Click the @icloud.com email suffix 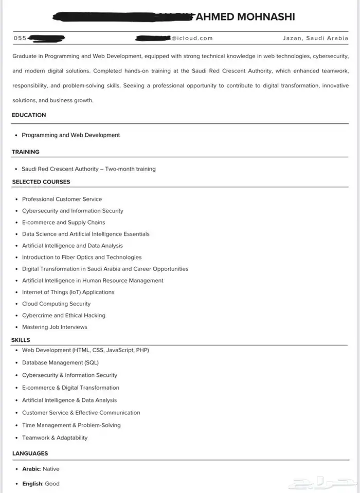click(192, 38)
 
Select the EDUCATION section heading click(29, 115)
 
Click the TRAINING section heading click(26, 152)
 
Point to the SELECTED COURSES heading click(41, 181)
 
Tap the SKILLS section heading click(21, 340)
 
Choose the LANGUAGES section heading click(30, 453)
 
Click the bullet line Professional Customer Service click(62, 199)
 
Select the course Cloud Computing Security click(56, 304)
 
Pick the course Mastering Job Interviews click(55, 327)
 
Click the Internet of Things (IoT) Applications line click(68, 292)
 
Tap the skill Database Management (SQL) click(60, 362)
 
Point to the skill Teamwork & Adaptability click(55, 437)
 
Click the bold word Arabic click(31, 469)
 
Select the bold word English click(32, 484)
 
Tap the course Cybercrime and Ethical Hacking click(63, 315)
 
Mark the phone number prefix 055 click(20, 38)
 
